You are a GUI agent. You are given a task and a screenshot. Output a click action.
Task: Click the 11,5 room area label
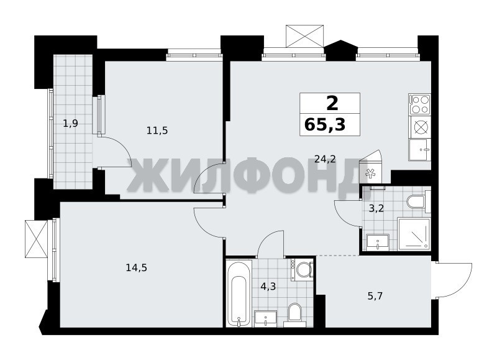click(x=157, y=131)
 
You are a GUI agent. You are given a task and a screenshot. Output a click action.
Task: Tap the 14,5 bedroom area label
click(x=136, y=268)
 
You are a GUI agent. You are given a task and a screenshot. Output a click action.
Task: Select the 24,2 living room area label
click(x=325, y=159)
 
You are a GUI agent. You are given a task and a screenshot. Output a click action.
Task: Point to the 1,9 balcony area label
click(x=70, y=123)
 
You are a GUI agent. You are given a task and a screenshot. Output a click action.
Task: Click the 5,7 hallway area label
click(x=375, y=296)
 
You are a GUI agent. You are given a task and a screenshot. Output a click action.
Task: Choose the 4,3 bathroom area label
click(x=268, y=287)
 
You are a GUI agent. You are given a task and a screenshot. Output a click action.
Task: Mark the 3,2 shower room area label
click(x=376, y=208)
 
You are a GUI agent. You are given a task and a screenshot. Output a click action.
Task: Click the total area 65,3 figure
click(x=325, y=124)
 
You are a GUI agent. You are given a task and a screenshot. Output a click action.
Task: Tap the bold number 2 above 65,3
click(x=332, y=103)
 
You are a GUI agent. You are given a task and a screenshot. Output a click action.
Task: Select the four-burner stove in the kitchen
click(x=420, y=104)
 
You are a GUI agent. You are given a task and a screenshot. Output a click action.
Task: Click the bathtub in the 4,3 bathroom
click(x=239, y=293)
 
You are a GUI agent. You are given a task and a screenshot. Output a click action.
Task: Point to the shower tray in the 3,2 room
click(x=414, y=234)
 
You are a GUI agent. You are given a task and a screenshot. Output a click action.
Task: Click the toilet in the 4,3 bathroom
click(x=294, y=314)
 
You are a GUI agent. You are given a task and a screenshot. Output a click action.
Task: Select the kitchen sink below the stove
click(x=420, y=150)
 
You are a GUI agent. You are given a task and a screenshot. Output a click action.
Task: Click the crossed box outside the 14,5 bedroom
click(x=36, y=239)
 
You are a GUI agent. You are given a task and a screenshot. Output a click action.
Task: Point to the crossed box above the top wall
click(x=305, y=36)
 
